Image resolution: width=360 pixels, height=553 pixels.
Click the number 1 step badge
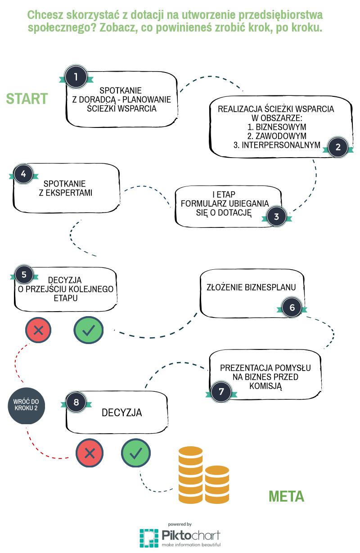[x=76, y=77]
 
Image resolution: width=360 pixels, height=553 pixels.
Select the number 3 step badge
[x=276, y=217]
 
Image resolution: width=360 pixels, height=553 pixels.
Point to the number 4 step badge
[x=23, y=174]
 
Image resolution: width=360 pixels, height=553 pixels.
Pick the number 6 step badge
[x=292, y=308]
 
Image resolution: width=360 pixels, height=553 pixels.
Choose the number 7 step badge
[x=221, y=392]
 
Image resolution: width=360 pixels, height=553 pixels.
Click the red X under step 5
[x=39, y=330]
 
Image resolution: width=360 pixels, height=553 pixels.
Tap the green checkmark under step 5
[x=88, y=330]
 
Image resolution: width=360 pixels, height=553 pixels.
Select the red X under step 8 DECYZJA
[x=90, y=453]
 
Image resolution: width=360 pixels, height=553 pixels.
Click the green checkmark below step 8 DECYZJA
[x=136, y=453]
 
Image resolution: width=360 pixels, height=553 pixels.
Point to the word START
[x=27, y=99]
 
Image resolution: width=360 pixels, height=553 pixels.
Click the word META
[x=286, y=496]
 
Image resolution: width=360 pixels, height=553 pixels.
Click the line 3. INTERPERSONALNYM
[x=277, y=145]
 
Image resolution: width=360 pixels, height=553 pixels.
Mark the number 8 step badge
[x=76, y=402]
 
